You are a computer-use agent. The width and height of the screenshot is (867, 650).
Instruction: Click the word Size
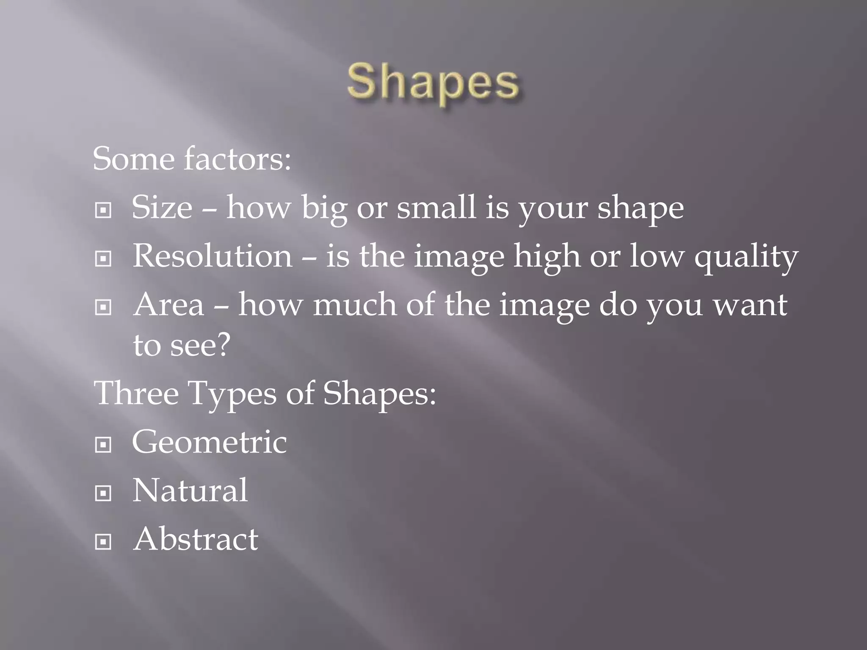point(162,208)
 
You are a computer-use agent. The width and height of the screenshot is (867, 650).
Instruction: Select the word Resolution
point(213,256)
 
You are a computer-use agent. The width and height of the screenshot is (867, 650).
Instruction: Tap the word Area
point(169,305)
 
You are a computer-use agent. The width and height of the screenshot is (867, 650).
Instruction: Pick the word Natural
point(190,491)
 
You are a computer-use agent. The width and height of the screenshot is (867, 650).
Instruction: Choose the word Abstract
point(196,540)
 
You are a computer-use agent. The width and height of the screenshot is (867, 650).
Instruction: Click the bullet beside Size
point(103,210)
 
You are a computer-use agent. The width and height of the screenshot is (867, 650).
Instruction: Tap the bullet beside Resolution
point(103,258)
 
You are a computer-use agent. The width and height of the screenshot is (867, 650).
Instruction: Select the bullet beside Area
point(103,307)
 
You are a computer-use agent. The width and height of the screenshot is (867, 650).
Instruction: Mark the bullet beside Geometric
point(103,444)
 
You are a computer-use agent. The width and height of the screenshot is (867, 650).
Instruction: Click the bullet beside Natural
point(103,493)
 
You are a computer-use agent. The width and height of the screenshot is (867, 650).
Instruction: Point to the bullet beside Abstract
point(103,541)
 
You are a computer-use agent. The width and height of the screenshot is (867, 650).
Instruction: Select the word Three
point(136,394)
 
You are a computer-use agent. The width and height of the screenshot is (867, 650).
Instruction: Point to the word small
point(436,208)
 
